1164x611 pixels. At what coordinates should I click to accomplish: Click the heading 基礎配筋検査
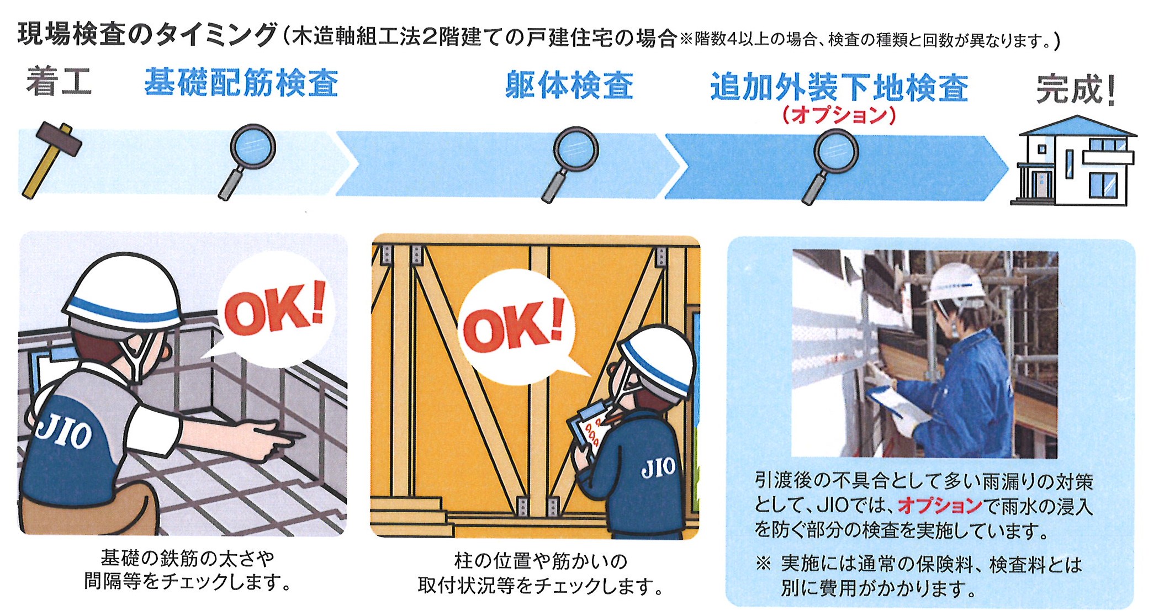241,83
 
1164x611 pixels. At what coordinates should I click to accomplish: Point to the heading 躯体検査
569,86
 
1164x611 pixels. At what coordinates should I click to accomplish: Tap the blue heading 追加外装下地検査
839,88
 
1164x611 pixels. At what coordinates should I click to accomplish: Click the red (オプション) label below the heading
839,115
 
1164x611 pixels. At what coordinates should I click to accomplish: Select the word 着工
59,82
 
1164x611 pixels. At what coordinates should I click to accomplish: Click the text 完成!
1076,90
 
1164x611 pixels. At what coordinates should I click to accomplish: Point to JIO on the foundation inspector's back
64,430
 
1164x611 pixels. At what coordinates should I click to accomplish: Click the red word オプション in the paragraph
940,505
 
